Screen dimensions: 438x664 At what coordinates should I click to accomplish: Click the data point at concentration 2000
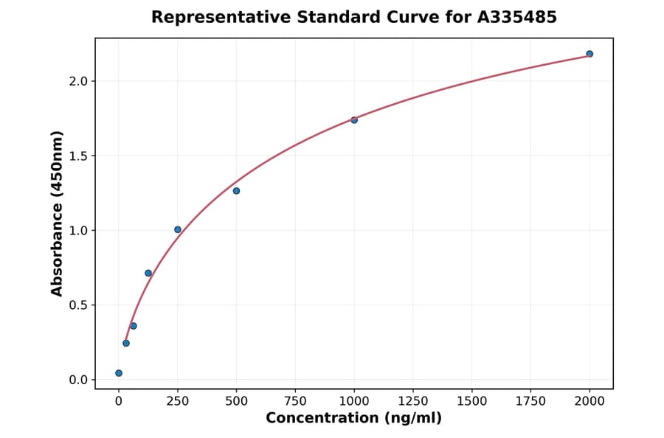tap(589, 54)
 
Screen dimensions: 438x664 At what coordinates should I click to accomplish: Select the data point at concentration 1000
tap(354, 120)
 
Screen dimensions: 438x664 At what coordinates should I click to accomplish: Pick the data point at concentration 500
tap(236, 191)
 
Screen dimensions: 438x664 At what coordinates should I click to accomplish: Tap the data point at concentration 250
tap(178, 229)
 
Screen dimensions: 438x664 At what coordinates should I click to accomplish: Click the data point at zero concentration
tap(119, 373)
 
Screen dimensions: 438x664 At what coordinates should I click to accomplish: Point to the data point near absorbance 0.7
tap(148, 273)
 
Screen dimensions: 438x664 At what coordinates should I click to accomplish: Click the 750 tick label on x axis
tap(295, 401)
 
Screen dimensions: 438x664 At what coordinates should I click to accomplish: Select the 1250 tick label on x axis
tap(413, 401)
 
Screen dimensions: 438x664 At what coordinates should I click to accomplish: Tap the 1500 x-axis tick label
tap(472, 401)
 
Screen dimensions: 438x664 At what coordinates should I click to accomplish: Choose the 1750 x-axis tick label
tap(530, 401)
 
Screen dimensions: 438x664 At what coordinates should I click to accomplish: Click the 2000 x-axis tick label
tap(589, 401)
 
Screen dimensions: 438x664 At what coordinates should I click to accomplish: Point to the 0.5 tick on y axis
tap(78, 305)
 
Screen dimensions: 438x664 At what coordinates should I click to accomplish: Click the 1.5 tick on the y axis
tap(78, 156)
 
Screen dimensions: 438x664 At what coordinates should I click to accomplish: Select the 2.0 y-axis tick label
tap(78, 81)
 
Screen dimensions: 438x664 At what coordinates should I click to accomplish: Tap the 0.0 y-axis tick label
tap(78, 380)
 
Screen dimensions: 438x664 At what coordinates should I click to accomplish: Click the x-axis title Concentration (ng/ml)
tap(353, 419)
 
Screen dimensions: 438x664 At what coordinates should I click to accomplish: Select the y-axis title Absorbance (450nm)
tap(58, 213)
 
